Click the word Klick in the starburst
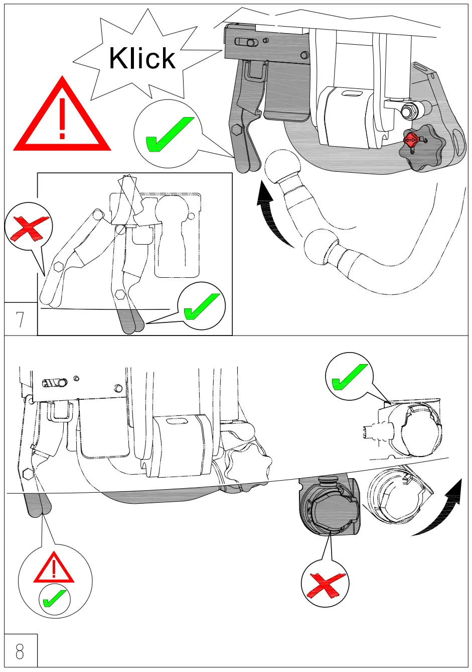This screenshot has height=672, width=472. click(x=142, y=58)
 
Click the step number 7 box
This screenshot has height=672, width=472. click(x=21, y=319)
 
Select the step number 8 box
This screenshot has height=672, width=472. click(x=21, y=651)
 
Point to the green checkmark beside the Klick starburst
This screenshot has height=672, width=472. click(x=168, y=134)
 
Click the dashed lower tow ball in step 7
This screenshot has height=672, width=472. click(x=318, y=246)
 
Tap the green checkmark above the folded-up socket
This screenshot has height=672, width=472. click(x=349, y=377)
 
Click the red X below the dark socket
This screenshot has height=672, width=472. click(x=325, y=584)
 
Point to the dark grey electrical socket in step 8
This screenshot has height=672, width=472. click(x=329, y=507)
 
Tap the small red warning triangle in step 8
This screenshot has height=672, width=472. click(x=54, y=568)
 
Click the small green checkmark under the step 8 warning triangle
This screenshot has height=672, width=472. click(x=54, y=599)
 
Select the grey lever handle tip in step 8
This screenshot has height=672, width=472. click(x=39, y=505)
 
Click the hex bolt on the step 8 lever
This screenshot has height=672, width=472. click(x=28, y=473)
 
